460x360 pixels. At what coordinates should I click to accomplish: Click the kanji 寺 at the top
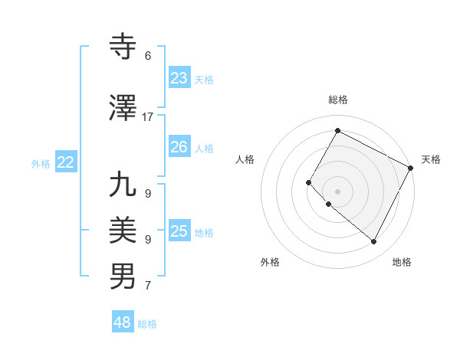(x=123, y=47)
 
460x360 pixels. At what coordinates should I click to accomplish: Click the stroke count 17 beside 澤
(x=148, y=117)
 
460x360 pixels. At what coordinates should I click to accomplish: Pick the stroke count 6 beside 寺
(x=148, y=56)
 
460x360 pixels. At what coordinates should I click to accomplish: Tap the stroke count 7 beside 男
(x=148, y=286)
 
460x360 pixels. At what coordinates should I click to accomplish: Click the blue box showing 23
(x=179, y=78)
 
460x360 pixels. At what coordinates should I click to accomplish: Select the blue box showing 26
(x=179, y=147)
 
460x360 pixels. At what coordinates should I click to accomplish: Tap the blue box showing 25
(x=179, y=231)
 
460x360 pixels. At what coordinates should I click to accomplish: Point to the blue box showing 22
(x=66, y=162)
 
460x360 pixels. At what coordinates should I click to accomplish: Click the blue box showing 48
(x=123, y=322)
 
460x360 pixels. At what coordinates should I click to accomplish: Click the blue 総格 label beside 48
(x=147, y=324)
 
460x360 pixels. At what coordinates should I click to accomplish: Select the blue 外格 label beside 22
(x=41, y=163)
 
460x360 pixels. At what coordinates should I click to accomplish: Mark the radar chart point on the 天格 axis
(x=410, y=168)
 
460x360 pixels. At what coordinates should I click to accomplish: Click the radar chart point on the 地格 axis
(x=374, y=242)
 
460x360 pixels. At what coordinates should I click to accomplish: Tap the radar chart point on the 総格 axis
(x=337, y=130)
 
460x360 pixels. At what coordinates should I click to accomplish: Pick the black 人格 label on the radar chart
(x=245, y=159)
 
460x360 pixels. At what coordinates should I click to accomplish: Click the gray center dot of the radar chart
(x=337, y=191)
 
